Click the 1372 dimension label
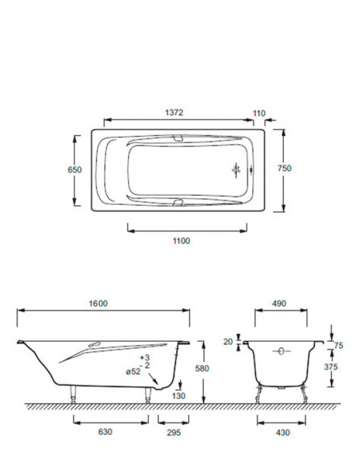175,113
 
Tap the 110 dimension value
259,113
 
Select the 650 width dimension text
74,169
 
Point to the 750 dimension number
284,169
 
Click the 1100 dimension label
182,241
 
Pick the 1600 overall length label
99,304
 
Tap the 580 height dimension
202,368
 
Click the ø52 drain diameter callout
133,371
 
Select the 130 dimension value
178,395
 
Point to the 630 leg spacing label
105,431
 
